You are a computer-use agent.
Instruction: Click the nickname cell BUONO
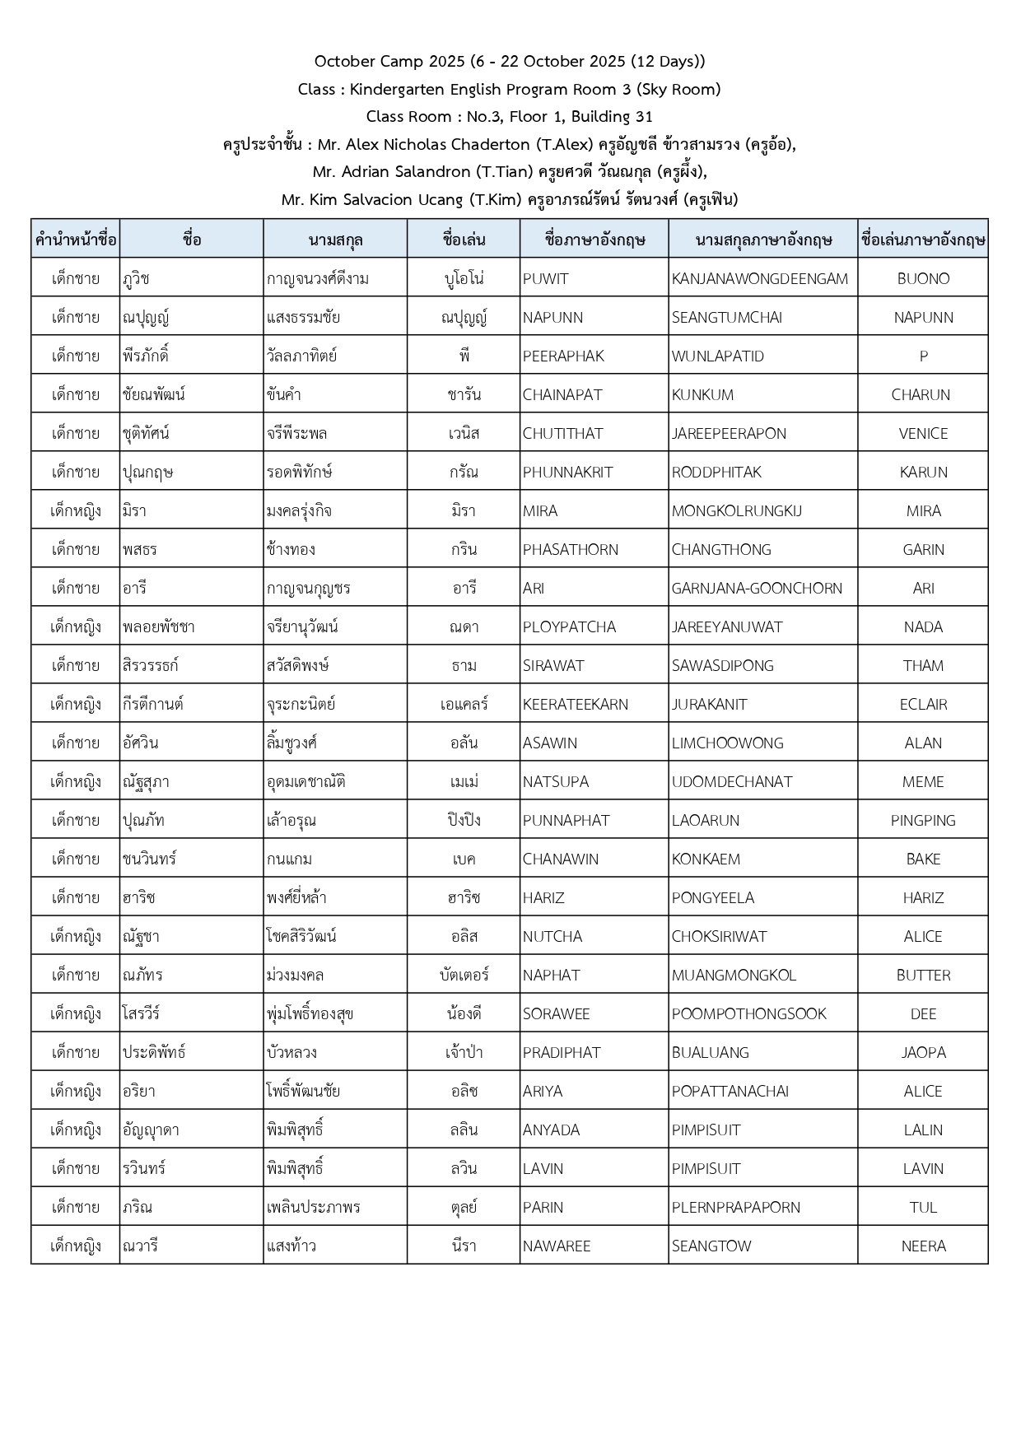[923, 278]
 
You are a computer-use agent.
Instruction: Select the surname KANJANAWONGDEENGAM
[759, 278]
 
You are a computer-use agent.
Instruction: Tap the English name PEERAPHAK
[563, 356]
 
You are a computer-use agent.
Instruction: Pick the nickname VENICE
[923, 433]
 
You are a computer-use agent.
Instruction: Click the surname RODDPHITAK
[716, 472]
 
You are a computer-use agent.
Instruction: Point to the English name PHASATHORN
[570, 549]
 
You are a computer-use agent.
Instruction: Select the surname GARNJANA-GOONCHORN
[757, 588]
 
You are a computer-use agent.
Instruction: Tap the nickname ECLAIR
[923, 704]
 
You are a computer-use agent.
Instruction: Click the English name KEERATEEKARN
[575, 704]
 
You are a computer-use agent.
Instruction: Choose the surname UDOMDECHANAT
[731, 781]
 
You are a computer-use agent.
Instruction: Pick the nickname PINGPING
[923, 820]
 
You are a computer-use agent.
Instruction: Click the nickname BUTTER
[923, 975]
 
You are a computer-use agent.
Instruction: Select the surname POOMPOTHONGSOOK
[748, 1013]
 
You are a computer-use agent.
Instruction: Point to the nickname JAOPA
[923, 1052]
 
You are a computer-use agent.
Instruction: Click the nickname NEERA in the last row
[923, 1246]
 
